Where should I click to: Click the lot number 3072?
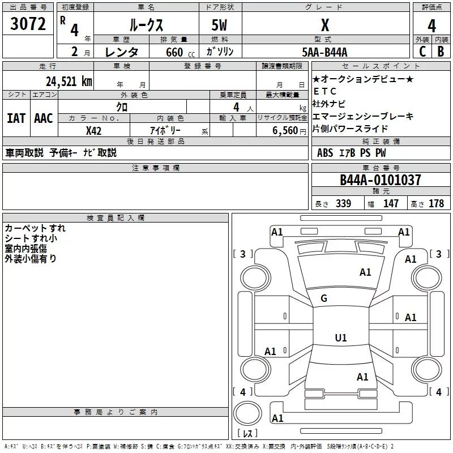28,24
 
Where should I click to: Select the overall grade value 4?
431,26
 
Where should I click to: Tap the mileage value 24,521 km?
69,82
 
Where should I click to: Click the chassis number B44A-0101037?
381,180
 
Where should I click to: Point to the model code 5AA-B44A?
324,52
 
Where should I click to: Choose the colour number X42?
93,131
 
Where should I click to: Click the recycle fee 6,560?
285,131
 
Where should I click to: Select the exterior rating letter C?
422,52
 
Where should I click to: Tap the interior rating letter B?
441,52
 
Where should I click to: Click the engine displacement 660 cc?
180,52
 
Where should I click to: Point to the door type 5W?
219,25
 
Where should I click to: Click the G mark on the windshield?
324,298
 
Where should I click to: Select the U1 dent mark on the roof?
341,337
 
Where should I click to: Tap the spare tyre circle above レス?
247,413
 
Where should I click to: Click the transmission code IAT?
16,118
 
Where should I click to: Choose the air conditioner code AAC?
44,118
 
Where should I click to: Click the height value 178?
436,203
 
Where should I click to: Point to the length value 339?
344,203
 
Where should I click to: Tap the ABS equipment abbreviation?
325,153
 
